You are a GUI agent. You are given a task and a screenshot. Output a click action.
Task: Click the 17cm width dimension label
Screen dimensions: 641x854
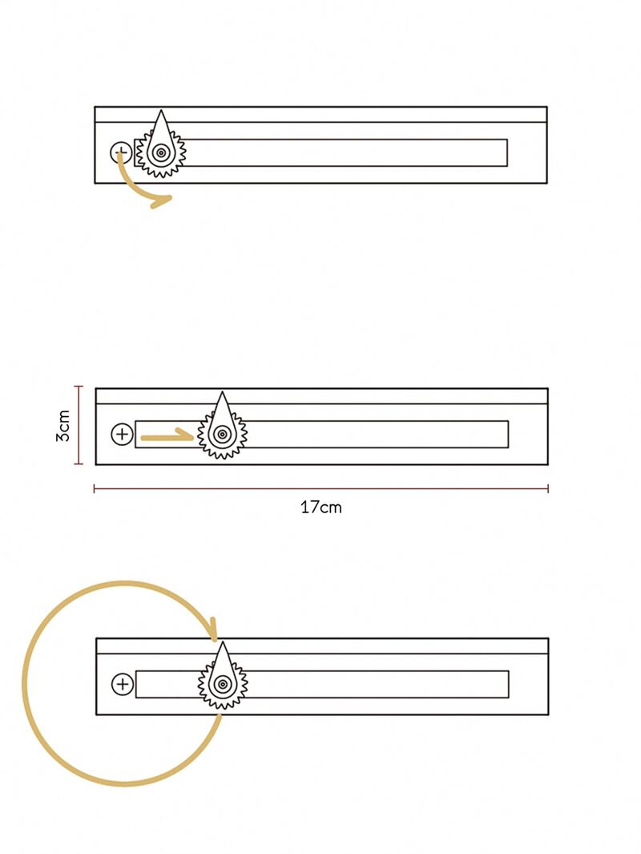tap(321, 508)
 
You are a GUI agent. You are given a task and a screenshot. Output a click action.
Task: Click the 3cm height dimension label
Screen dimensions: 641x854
tap(63, 425)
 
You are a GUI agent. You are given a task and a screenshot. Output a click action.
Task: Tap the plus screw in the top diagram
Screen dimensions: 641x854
tap(121, 153)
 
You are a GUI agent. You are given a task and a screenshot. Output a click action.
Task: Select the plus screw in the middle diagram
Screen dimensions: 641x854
tap(122, 434)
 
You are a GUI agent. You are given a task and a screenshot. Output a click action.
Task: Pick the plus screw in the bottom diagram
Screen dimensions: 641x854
tap(123, 684)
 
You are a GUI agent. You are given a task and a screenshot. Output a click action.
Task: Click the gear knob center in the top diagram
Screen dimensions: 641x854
tap(161, 153)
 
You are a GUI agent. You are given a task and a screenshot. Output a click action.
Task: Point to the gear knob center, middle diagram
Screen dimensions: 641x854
tap(222, 434)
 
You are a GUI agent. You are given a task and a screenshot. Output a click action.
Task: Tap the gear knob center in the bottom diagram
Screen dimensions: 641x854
tap(223, 684)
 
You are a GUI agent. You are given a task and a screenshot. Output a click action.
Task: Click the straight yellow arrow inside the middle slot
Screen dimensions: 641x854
tap(167, 435)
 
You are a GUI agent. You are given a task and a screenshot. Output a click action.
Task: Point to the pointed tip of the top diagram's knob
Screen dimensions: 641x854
tap(161, 110)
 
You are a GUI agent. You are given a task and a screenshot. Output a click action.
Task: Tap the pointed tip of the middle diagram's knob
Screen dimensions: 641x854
tap(222, 391)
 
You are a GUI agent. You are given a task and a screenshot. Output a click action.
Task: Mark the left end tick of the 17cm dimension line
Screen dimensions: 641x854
tap(94, 488)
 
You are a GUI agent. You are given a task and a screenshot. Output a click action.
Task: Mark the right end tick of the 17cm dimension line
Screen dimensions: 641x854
tap(548, 488)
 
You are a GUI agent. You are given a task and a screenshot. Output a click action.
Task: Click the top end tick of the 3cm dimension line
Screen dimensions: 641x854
tap(79, 387)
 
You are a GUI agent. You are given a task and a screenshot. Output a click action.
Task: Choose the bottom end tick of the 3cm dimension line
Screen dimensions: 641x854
tap(79, 464)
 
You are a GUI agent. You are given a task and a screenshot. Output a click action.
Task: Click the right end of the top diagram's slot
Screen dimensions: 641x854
tap(507, 152)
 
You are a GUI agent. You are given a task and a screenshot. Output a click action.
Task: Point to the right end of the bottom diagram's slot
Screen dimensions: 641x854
tap(509, 684)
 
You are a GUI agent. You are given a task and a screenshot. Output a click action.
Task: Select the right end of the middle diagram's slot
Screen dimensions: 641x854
tap(508, 434)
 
